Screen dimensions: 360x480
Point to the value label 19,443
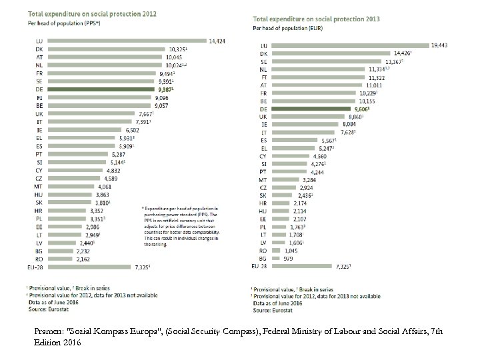(439, 45)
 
